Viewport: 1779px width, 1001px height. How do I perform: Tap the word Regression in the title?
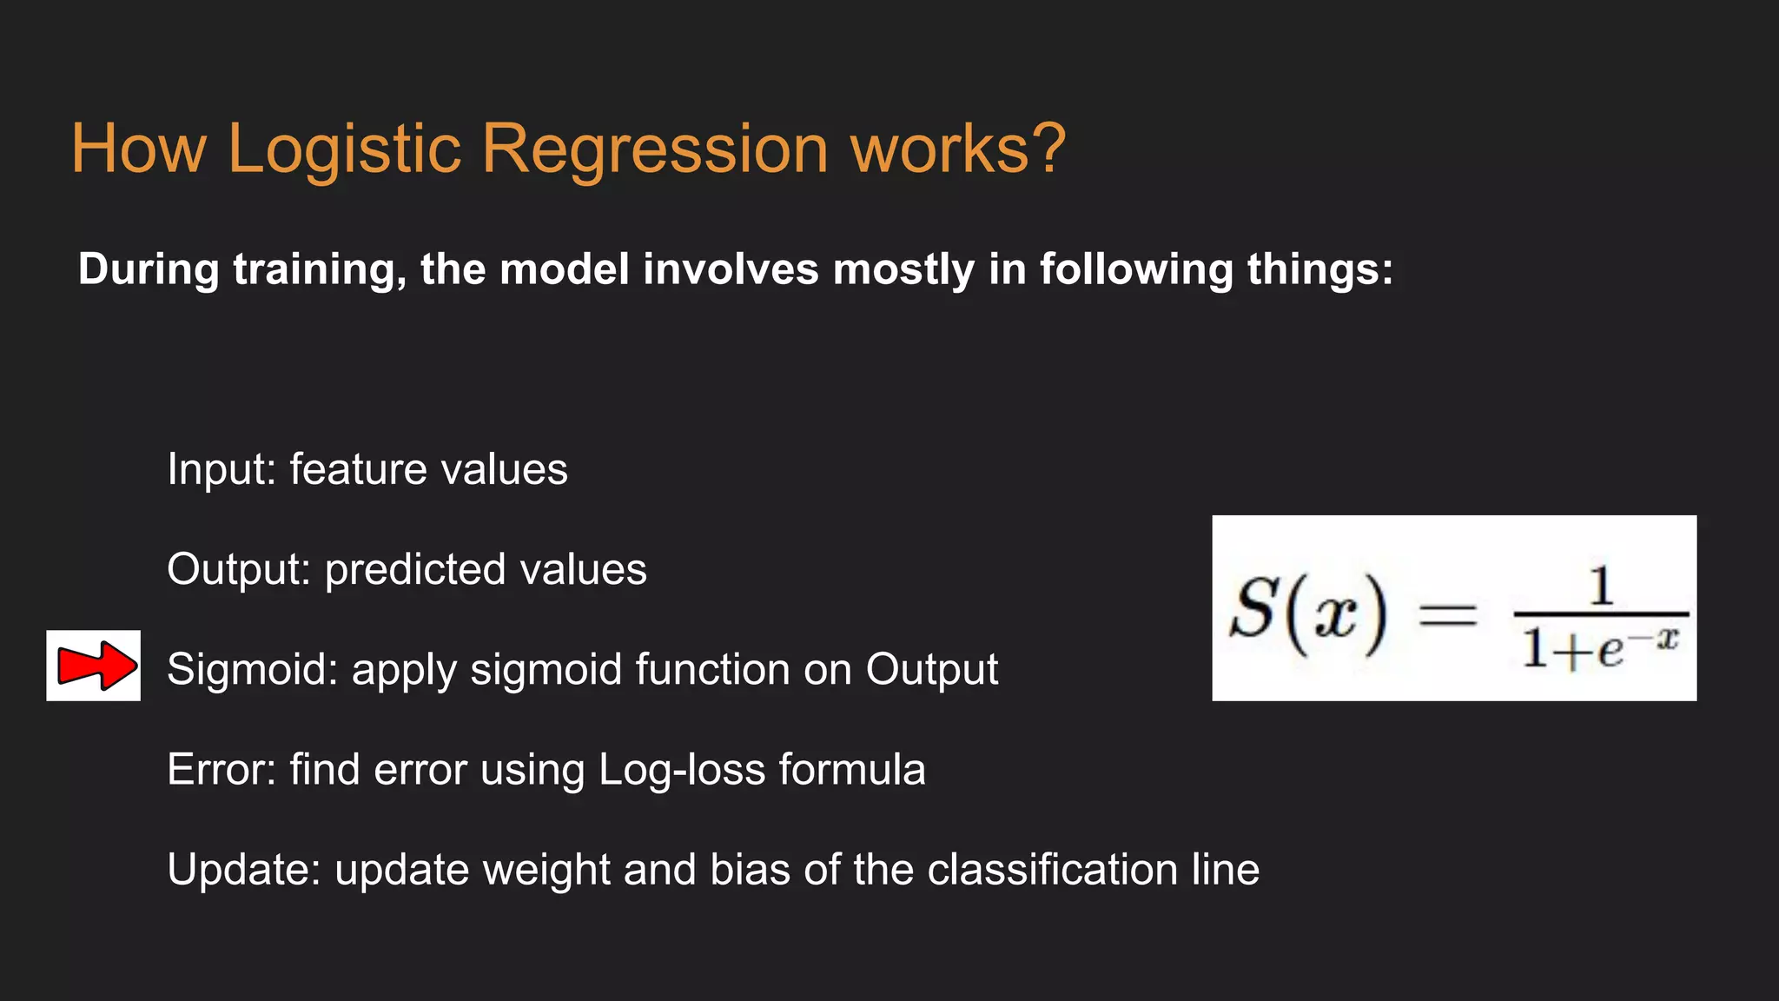[x=655, y=149]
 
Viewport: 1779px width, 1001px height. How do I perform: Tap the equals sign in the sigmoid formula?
[x=1448, y=616]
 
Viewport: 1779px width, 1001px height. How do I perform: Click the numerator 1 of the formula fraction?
[x=1601, y=587]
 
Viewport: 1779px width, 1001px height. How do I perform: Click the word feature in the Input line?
[x=358, y=470]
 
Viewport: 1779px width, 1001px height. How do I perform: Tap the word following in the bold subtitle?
[x=1136, y=270]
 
